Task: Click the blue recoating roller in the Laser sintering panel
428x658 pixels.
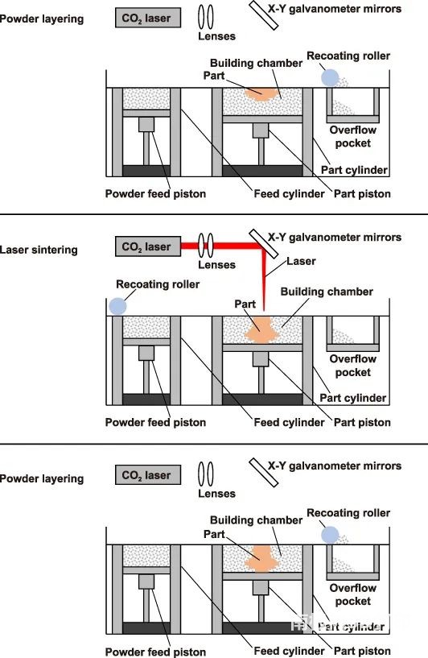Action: (117, 306)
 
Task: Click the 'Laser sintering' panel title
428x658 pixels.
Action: (39, 250)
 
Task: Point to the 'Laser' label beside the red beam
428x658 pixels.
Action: (301, 261)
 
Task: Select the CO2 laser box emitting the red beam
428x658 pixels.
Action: (148, 246)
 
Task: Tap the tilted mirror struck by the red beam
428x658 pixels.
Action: (264, 244)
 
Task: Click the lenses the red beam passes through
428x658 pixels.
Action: (206, 246)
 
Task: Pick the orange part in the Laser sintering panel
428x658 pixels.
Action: (260, 330)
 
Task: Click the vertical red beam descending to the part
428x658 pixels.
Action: (264, 281)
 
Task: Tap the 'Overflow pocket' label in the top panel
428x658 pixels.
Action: (353, 136)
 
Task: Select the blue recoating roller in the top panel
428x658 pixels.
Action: (330, 77)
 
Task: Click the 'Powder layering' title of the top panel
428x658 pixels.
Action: (42, 19)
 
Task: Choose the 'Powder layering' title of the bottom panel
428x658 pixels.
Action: (42, 479)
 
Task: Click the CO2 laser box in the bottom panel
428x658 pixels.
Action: (148, 475)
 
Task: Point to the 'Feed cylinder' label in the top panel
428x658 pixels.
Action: (290, 194)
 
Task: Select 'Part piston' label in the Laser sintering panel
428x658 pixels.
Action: (362, 422)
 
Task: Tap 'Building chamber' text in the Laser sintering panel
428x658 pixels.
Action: (327, 292)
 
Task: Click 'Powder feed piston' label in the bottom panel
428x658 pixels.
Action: (155, 652)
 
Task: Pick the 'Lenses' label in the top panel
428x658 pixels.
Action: (216, 36)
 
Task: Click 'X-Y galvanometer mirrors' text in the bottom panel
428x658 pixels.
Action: (335, 466)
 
